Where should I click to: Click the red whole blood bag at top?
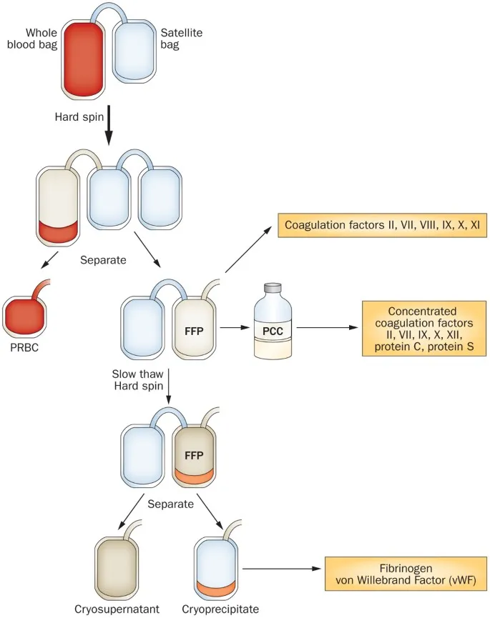pyautogui.click(x=83, y=59)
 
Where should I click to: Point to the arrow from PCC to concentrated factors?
pyautogui.click(x=326, y=329)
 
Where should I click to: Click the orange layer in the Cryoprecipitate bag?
pyautogui.click(x=219, y=588)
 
